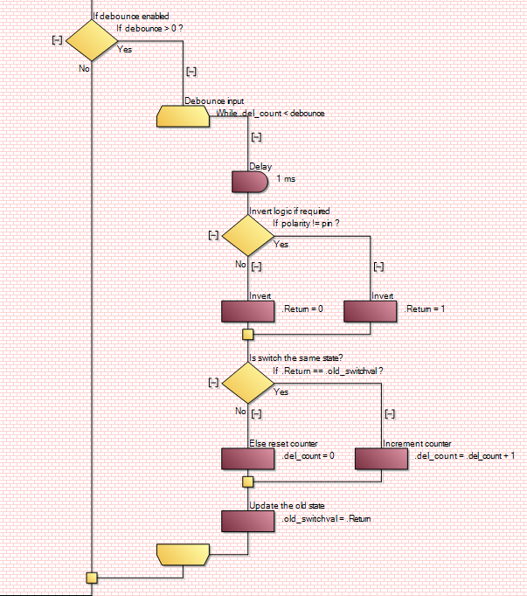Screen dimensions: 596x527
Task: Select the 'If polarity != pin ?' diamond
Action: tap(248, 235)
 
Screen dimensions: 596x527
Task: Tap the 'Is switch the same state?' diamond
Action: tap(248, 382)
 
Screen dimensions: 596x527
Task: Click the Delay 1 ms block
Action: tap(249, 182)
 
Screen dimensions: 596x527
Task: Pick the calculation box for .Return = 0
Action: tap(249, 311)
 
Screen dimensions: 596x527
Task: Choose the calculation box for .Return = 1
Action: tap(371, 311)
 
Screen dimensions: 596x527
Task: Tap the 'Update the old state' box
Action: tap(249, 521)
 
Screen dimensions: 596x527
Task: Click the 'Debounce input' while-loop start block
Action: tap(183, 116)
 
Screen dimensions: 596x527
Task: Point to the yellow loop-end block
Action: tap(183, 553)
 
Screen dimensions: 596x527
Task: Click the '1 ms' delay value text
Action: tap(286, 178)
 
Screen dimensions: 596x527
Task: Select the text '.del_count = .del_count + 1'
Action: tap(464, 456)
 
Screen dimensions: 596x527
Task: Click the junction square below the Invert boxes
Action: tap(248, 334)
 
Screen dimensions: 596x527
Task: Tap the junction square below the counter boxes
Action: tap(248, 482)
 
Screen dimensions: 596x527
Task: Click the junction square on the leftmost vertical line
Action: tap(91, 577)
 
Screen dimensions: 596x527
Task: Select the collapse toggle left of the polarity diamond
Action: tap(213, 235)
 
